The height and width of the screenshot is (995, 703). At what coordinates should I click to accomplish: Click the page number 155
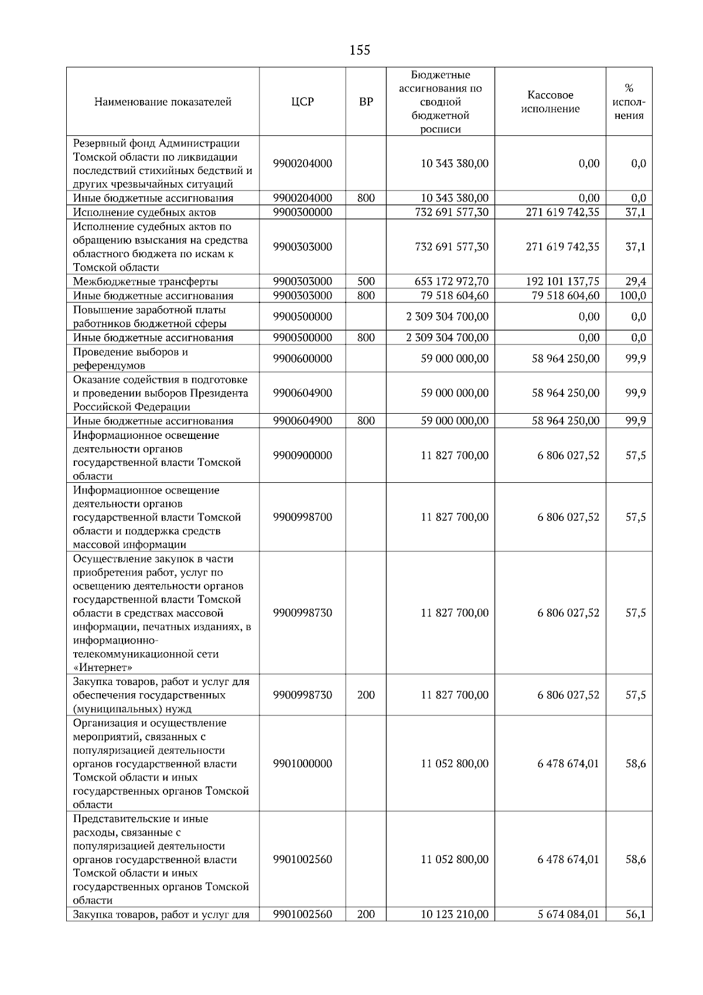[x=360, y=50]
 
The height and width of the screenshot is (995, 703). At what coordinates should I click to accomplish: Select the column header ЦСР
[x=302, y=102]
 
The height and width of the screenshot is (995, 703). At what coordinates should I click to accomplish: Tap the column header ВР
[x=366, y=102]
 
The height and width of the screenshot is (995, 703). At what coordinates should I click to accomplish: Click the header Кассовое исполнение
[x=550, y=102]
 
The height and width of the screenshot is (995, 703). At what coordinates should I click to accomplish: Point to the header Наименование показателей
[x=163, y=102]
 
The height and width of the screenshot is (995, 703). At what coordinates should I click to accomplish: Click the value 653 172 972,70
[x=451, y=282]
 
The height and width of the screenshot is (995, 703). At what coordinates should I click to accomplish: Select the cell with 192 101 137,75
[x=562, y=282]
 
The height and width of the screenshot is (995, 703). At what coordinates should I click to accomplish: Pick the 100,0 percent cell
[x=633, y=296]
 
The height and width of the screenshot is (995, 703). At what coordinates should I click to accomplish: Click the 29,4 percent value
[x=635, y=282]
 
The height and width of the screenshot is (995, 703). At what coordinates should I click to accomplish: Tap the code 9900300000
[x=302, y=212]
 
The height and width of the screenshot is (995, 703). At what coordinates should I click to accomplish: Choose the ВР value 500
[x=366, y=282]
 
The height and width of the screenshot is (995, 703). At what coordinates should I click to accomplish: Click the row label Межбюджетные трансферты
[x=145, y=282]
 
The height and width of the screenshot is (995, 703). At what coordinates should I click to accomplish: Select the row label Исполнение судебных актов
[x=144, y=212]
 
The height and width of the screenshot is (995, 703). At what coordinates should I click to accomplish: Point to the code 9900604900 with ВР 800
[x=302, y=421]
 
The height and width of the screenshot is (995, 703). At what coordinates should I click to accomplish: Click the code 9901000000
[x=302, y=764]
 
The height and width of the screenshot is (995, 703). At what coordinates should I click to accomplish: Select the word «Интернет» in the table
[x=103, y=667]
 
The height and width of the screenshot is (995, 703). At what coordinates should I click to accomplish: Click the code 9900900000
[x=302, y=455]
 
